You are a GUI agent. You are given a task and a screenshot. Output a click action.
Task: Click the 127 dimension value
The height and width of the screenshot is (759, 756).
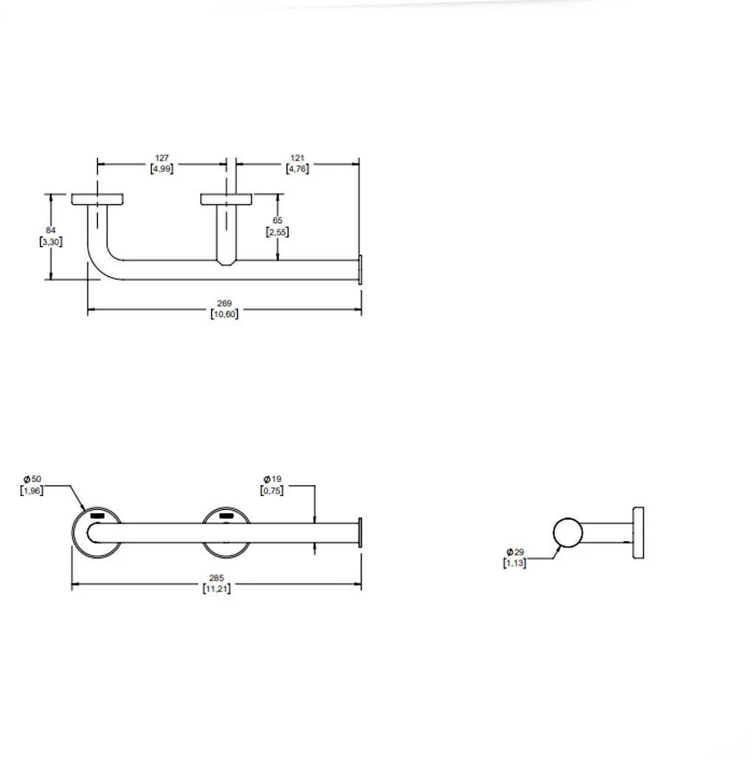point(162,158)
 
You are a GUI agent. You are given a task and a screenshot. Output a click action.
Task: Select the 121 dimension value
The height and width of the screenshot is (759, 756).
point(298,158)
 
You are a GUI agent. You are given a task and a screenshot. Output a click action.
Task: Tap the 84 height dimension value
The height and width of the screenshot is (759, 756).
point(51,230)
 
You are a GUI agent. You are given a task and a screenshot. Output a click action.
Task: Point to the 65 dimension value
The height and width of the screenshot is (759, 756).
point(278,221)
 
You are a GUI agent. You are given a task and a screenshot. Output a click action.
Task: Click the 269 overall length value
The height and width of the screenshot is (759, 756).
point(224,303)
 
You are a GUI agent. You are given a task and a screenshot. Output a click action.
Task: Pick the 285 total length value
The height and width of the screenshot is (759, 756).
point(216,578)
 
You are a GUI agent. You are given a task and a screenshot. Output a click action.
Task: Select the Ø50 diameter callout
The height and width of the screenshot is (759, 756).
point(32,479)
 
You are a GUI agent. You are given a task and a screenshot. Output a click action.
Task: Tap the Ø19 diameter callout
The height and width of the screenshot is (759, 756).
point(272,479)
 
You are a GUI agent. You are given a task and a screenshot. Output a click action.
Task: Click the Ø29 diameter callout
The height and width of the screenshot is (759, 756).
point(515,552)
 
